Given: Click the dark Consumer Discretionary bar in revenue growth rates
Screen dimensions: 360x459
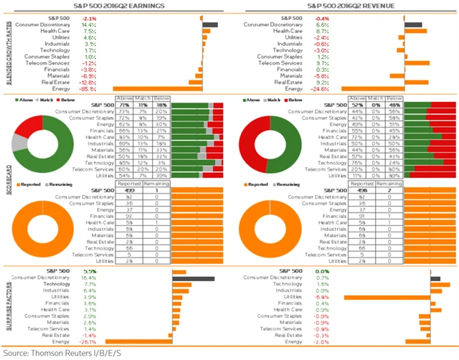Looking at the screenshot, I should tap(413, 24).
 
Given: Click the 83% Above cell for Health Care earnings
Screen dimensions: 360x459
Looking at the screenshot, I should tap(124, 136).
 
